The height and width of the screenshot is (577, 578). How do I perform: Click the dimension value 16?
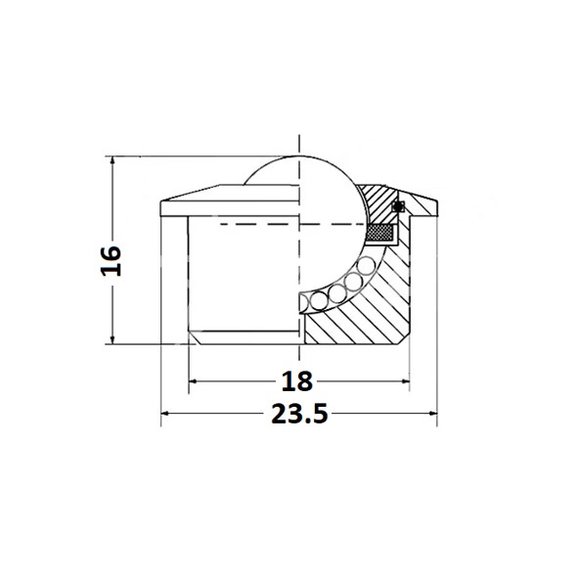[x=111, y=261]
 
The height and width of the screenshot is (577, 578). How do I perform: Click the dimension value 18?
[x=297, y=381]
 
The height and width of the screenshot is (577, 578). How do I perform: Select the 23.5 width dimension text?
[x=299, y=414]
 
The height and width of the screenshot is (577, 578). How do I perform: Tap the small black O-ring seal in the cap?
[x=397, y=206]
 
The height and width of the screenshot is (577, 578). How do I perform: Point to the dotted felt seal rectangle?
[x=380, y=233]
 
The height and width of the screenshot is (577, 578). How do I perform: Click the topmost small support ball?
[x=366, y=266]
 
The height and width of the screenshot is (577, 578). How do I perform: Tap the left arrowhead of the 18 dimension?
[x=193, y=381]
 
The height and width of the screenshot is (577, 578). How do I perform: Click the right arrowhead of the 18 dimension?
[x=405, y=381]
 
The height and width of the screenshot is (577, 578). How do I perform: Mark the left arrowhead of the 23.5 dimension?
[x=165, y=414]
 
